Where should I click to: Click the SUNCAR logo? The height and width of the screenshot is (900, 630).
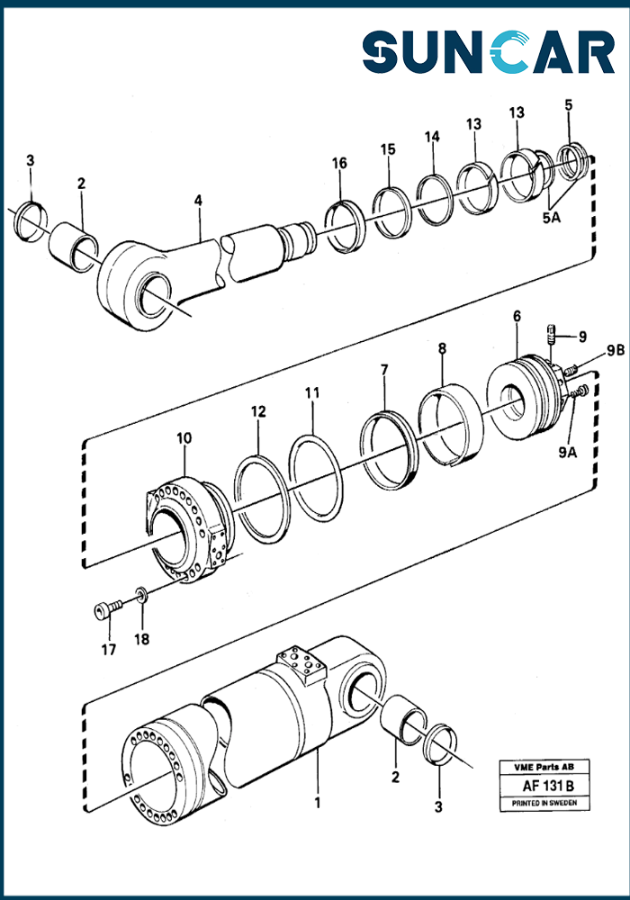(x=488, y=52)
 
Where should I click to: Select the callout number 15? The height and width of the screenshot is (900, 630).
(x=387, y=149)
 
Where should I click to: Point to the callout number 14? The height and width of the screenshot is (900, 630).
(x=433, y=137)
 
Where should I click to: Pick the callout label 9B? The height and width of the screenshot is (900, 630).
(x=589, y=349)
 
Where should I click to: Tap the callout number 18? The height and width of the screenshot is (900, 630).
(x=142, y=639)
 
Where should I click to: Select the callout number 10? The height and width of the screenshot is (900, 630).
(x=184, y=438)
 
